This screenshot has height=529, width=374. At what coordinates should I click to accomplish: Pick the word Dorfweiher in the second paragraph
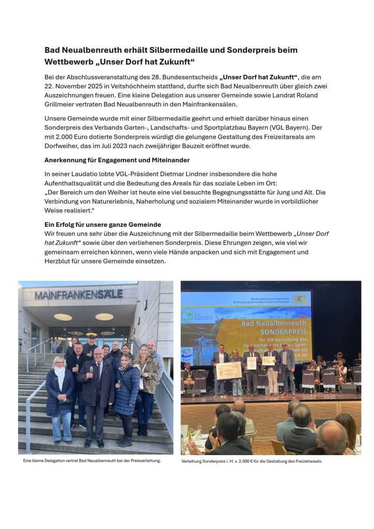63,146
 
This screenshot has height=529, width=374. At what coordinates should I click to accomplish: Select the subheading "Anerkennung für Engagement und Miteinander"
117,160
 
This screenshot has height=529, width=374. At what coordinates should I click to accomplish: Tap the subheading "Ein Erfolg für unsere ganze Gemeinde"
103,225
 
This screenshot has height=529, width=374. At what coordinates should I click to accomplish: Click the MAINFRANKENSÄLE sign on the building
79,294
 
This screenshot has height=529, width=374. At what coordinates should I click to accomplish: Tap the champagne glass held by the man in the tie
91,370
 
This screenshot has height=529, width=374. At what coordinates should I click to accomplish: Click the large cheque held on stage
229,370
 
